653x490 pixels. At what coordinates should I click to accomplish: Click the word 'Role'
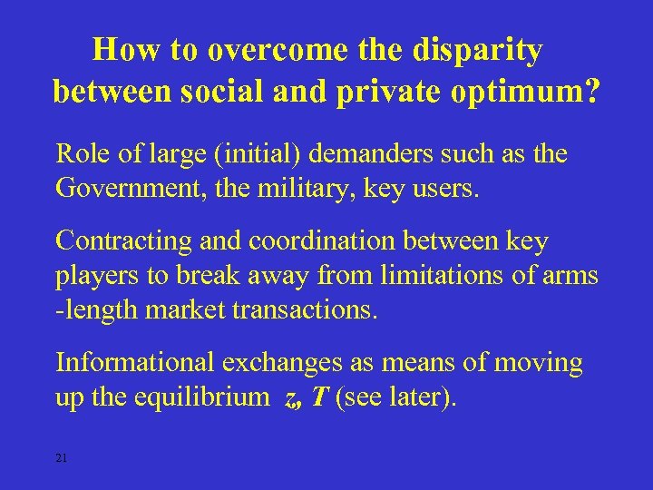pyautogui.click(x=81, y=154)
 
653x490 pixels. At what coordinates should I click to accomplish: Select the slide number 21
pyautogui.click(x=62, y=457)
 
